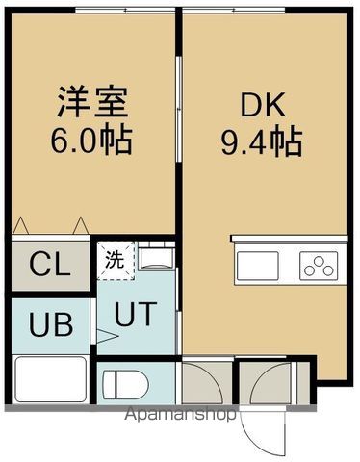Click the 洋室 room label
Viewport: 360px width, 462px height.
coord(92,101)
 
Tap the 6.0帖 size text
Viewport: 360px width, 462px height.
coord(91,141)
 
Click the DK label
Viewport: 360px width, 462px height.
coord(263,105)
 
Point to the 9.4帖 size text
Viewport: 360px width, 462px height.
coord(262,142)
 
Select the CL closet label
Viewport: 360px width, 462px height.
coord(50,265)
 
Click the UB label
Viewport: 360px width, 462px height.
coord(51,324)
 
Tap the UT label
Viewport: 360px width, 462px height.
coord(136,314)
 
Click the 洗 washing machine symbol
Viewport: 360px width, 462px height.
coord(116,261)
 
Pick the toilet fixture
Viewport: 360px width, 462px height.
coord(125,385)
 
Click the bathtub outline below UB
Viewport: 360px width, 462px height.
coord(51,379)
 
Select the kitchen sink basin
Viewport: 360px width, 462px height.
coord(258,266)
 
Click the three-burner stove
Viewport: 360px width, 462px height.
coord(319,266)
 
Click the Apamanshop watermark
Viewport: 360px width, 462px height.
coord(180,414)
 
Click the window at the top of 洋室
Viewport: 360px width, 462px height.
coord(125,10)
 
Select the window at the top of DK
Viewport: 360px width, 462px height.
coord(234,10)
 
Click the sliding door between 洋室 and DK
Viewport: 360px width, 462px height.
coord(179,109)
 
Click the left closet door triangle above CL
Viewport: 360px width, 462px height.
coord(20,225)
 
